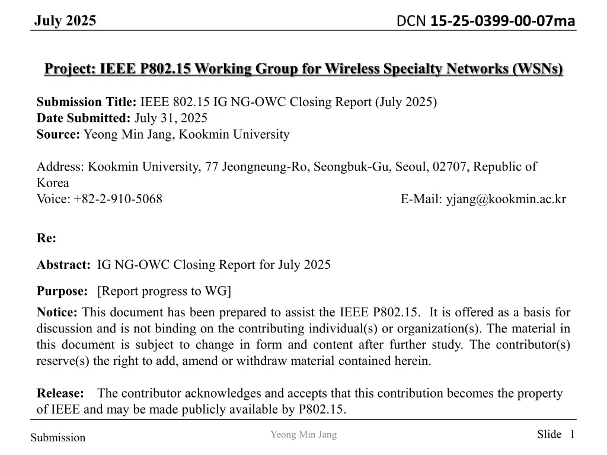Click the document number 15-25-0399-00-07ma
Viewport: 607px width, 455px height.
point(502,21)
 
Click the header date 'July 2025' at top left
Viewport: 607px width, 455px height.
point(65,21)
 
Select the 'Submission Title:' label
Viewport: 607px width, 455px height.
point(87,101)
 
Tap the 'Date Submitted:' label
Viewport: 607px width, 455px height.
point(84,118)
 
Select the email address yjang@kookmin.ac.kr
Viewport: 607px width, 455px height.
point(506,199)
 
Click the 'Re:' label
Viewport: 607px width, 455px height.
point(46,238)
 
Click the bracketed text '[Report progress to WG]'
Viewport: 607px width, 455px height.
point(164,291)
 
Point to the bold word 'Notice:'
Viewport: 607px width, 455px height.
point(57,312)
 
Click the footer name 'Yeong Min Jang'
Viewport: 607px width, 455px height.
point(303,435)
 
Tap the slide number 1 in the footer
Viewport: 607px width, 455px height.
point(572,435)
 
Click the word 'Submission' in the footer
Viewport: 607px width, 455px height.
point(58,438)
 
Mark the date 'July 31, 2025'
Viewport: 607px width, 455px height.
point(171,118)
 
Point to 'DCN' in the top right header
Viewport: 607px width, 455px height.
point(411,21)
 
